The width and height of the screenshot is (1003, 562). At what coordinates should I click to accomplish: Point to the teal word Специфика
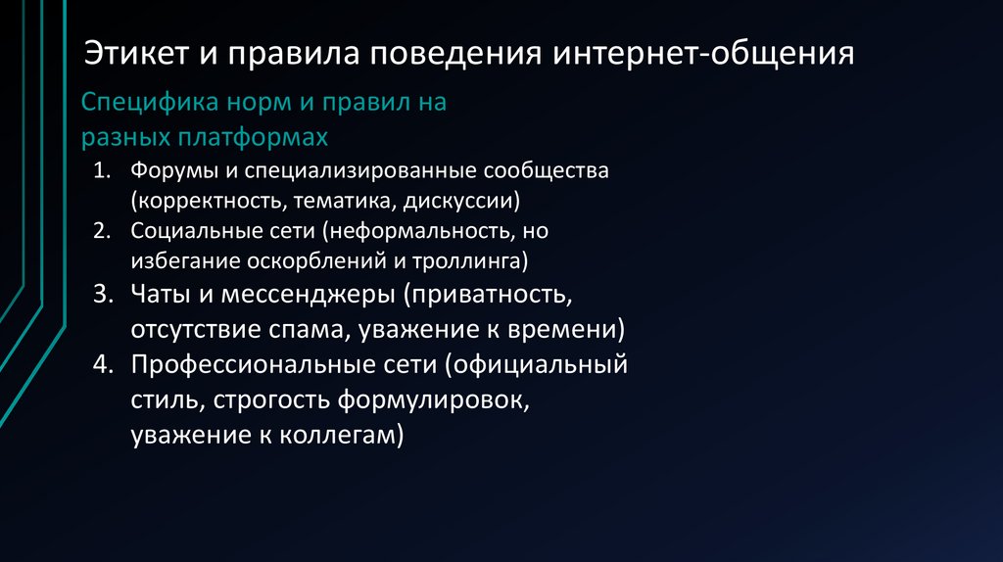pos(142,102)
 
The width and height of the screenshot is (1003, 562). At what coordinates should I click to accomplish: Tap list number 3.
pos(105,294)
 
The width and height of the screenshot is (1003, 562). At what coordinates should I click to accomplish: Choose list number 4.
pos(105,365)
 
